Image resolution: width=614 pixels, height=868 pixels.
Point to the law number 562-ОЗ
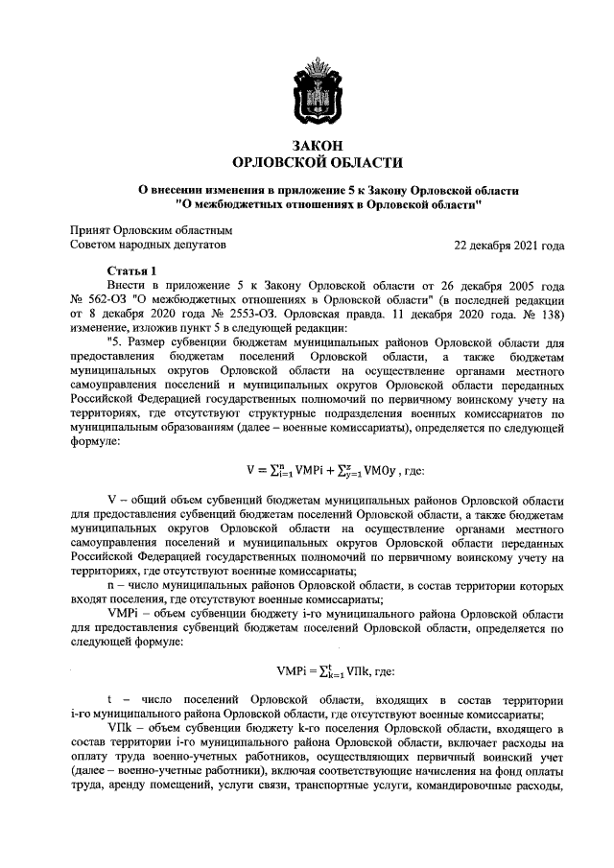click(x=106, y=298)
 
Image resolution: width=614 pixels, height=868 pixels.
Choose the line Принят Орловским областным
click(x=151, y=230)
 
